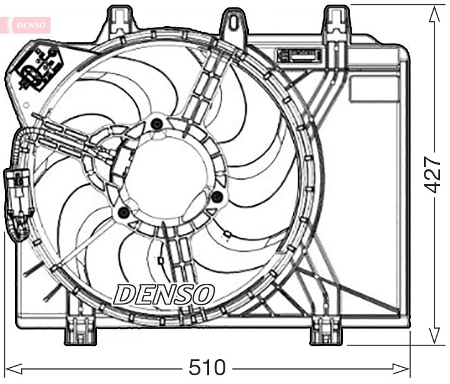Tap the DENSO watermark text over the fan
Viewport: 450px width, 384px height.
click(164, 294)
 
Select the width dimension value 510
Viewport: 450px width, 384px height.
click(207, 367)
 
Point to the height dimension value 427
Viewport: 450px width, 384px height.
click(433, 174)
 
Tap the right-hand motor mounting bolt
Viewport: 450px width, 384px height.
click(217, 197)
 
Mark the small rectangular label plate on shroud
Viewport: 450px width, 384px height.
click(301, 55)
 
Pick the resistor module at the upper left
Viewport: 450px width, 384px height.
click(39, 65)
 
